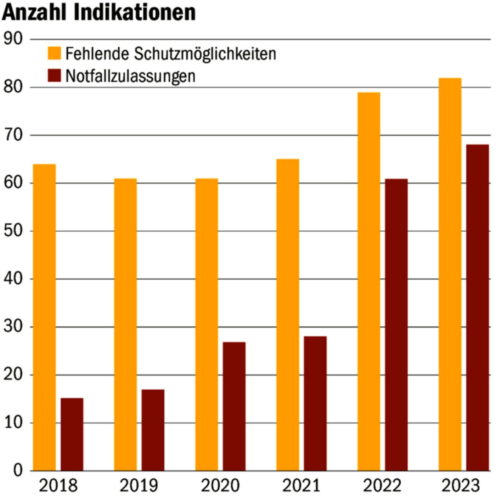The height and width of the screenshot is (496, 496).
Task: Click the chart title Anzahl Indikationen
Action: [x=99, y=13]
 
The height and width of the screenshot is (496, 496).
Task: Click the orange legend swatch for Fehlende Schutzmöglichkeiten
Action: [x=54, y=53]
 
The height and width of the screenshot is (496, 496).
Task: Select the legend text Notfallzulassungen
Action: [x=130, y=76]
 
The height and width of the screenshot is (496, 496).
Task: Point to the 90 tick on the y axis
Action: [x=13, y=39]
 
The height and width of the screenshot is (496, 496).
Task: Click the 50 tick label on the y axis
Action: [x=13, y=231]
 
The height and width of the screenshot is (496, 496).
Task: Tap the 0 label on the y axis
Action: [x=18, y=470]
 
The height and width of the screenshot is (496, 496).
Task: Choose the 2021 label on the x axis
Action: [x=301, y=485]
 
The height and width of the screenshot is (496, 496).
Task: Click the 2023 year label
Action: [x=461, y=485]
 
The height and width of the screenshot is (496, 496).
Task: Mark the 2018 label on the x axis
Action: [x=58, y=485]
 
